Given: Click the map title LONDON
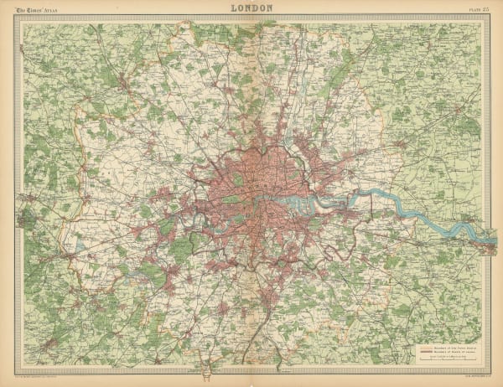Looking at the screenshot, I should coord(251,8).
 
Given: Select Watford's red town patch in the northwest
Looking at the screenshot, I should coord(126,85).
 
